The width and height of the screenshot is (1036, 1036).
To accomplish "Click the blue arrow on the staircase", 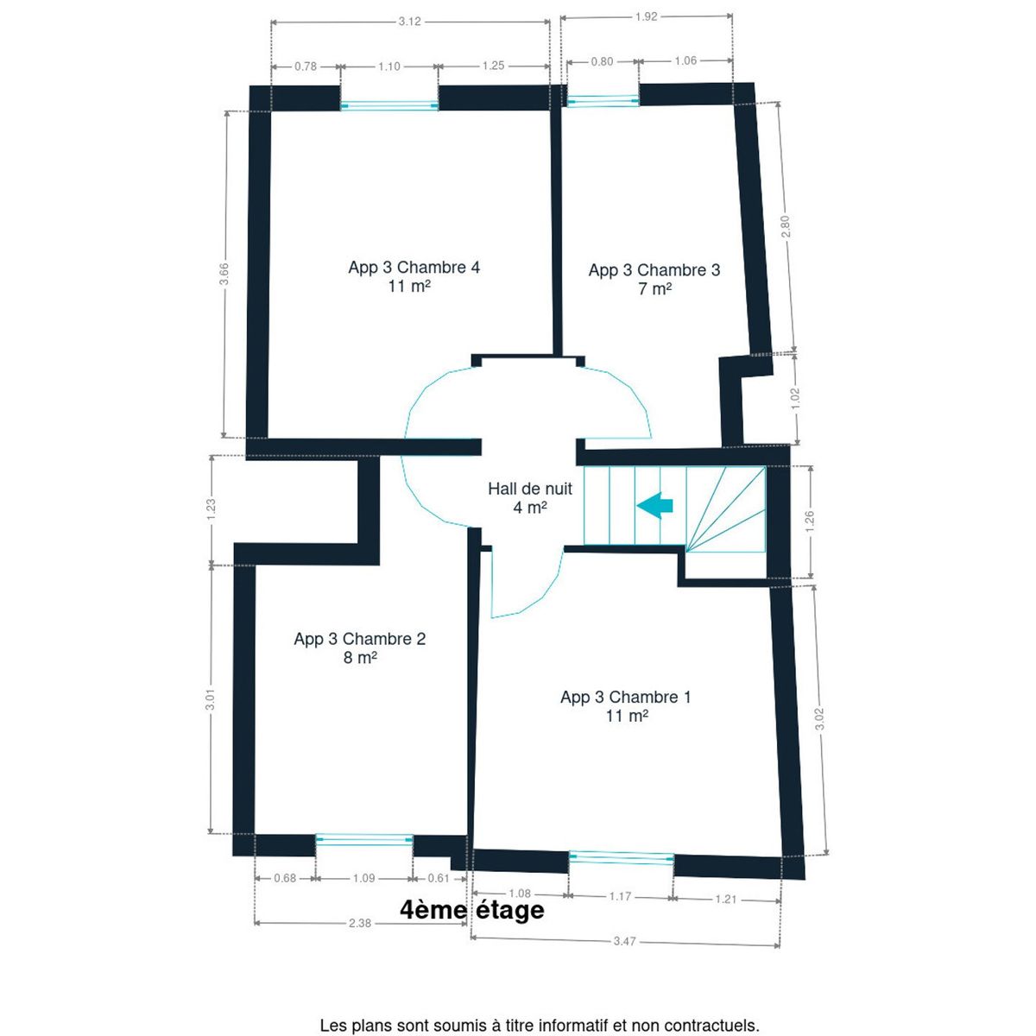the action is tap(654, 506).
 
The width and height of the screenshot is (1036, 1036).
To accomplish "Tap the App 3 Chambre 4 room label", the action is tap(414, 276).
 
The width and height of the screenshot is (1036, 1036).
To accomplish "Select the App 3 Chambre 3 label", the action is tap(654, 279).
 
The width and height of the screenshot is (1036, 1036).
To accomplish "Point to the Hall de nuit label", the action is tap(529, 497).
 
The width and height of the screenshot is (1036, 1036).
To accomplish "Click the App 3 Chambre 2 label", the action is tap(360, 647).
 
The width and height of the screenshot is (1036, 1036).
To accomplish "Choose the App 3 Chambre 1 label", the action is tap(626, 706).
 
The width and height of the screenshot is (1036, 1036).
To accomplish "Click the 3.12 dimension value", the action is tap(410, 22).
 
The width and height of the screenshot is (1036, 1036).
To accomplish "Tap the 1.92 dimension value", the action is tap(647, 16).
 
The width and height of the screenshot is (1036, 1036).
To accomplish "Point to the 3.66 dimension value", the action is tap(225, 274).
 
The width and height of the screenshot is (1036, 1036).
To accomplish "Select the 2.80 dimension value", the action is tap(786, 226).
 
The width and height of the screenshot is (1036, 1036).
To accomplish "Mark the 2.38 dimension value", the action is tap(360, 923).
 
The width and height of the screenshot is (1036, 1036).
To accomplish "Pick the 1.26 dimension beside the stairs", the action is tap(810, 521).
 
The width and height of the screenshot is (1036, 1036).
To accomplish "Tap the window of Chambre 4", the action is tap(389, 106).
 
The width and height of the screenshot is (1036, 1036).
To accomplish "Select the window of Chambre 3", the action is tap(603, 100).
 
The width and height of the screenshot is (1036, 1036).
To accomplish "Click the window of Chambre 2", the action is tap(364, 839).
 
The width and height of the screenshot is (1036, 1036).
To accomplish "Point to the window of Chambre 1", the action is tap(621, 858).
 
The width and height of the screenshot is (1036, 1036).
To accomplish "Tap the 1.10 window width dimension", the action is tap(389, 66).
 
